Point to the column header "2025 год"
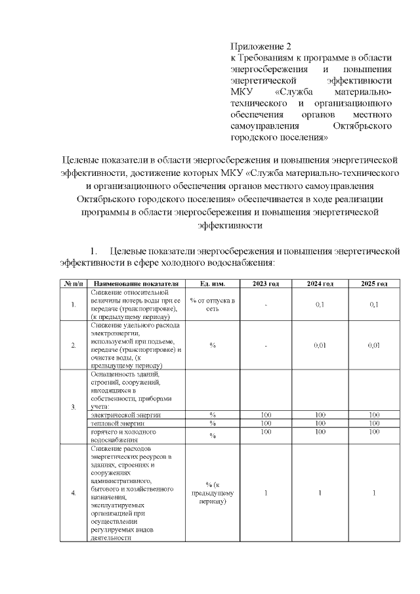pyautogui.click(x=374, y=284)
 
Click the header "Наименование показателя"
pyautogui.click(x=136, y=284)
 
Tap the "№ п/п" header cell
pyautogui.click(x=72, y=284)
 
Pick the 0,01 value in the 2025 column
pyautogui.click(x=374, y=345)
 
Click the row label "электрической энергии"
pyautogui.click(x=126, y=415)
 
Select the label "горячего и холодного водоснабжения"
pyautogui.click(x=124, y=436)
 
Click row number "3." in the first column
pyautogui.click(x=72, y=407)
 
